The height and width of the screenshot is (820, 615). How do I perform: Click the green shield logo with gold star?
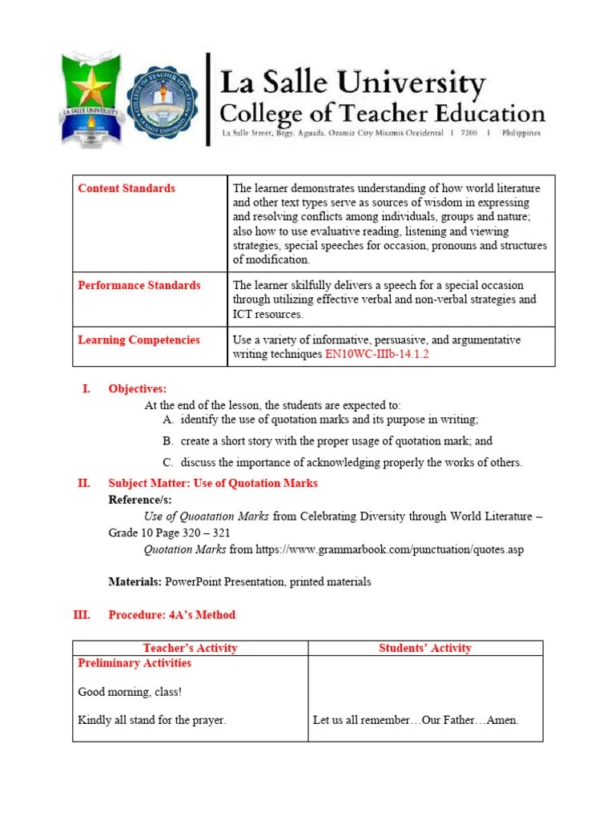click(90, 99)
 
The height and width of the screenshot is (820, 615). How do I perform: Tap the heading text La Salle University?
click(352, 82)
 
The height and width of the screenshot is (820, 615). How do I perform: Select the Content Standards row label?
click(127, 188)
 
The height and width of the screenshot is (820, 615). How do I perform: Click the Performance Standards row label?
click(139, 285)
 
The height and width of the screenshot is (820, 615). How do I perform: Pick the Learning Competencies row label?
click(139, 340)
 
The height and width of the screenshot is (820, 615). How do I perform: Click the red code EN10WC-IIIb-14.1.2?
click(377, 354)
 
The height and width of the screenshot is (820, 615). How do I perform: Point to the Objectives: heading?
click(138, 389)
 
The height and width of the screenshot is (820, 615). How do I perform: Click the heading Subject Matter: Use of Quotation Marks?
click(213, 483)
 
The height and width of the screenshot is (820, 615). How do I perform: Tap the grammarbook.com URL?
click(389, 550)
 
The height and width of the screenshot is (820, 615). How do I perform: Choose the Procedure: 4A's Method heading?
click(171, 615)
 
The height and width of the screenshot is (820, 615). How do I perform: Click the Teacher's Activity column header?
click(190, 648)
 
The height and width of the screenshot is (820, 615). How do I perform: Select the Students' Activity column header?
click(425, 648)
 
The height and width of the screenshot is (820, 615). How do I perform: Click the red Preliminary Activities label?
click(135, 663)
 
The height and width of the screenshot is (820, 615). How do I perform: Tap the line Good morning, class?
click(123, 692)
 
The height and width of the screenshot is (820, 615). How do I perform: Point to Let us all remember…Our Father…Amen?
click(416, 720)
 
